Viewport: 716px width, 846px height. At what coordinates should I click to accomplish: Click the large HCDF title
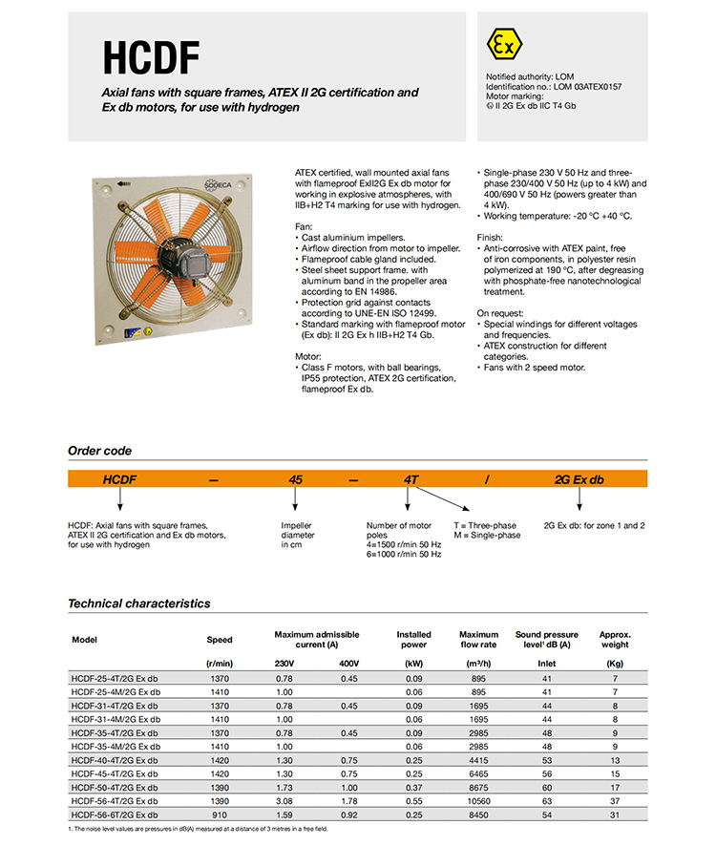click(x=152, y=59)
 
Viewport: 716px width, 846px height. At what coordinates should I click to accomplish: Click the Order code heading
click(x=99, y=451)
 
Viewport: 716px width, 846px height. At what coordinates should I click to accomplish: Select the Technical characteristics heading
click(x=138, y=603)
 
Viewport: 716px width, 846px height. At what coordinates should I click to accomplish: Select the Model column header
click(x=85, y=639)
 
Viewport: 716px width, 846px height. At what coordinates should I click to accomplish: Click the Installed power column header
click(x=413, y=639)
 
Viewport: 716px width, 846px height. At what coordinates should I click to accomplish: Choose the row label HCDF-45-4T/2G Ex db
click(x=115, y=774)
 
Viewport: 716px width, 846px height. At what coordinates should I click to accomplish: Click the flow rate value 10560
click(x=478, y=802)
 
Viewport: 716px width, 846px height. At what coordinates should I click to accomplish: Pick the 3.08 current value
click(x=284, y=802)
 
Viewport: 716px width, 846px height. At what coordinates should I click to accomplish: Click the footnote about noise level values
click(x=198, y=829)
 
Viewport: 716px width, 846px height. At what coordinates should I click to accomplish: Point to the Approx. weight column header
click(x=614, y=639)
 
